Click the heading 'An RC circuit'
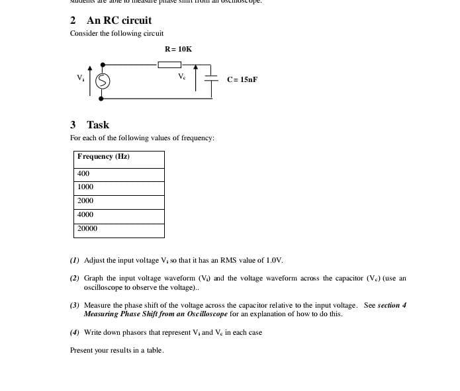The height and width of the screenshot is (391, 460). (118, 21)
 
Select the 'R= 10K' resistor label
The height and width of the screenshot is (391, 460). (178, 49)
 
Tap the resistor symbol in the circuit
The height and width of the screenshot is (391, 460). (169, 65)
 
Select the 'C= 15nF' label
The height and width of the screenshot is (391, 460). (242, 79)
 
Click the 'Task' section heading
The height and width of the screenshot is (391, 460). (97, 124)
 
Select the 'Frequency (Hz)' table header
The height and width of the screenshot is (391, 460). (103, 157)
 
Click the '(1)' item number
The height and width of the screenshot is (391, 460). (75, 261)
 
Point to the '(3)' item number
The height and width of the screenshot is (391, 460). (75, 306)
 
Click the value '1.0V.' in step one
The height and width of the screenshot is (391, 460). (275, 261)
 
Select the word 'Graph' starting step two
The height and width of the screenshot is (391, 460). (93, 279)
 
